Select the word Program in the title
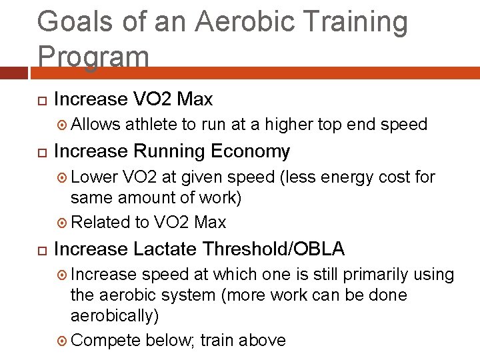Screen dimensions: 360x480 (93, 56)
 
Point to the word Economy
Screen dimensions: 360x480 (250, 152)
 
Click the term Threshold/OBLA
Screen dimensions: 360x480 (273, 249)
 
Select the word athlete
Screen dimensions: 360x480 (151, 124)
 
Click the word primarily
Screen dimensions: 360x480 (373, 275)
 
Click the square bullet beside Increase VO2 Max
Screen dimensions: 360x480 (41, 100)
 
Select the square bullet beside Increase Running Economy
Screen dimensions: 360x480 (41, 153)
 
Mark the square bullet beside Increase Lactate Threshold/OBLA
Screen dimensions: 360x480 (41, 250)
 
